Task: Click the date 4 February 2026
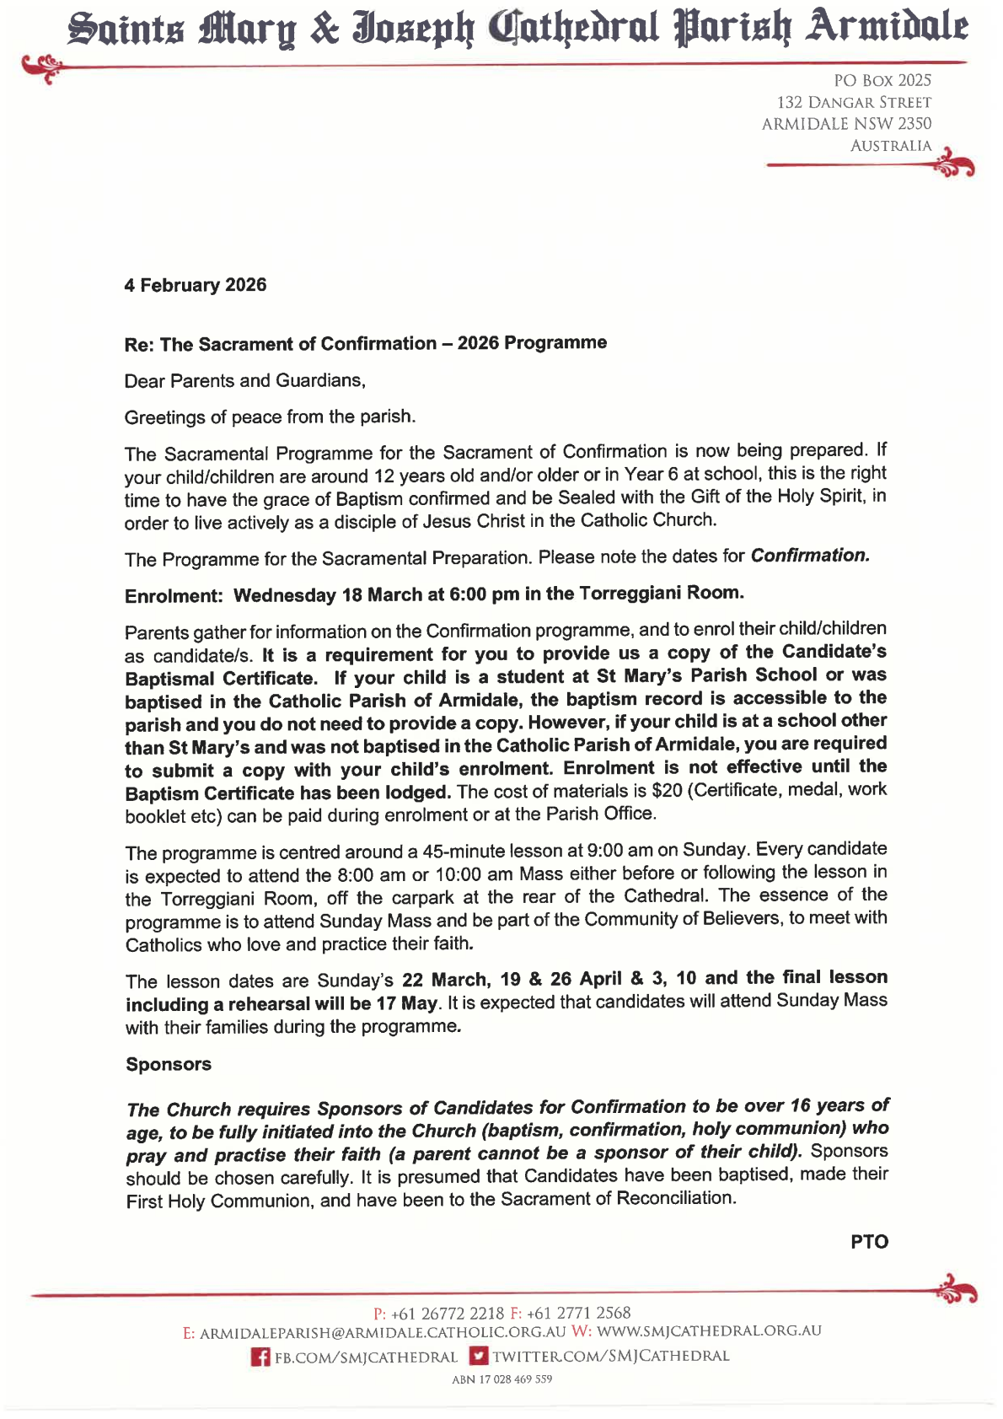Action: [x=195, y=285]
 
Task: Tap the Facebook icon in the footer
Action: [x=261, y=1357]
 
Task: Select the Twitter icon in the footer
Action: [x=479, y=1356]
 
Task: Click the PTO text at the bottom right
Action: [x=869, y=1242]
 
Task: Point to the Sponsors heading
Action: [x=169, y=1064]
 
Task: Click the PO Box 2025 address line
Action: [x=882, y=80]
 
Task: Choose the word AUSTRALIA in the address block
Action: [x=890, y=146]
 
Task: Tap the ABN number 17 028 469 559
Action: [x=501, y=1379]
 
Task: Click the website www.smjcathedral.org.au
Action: [x=708, y=1331]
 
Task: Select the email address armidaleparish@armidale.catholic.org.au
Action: [x=382, y=1333]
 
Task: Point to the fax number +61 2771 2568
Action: [x=578, y=1313]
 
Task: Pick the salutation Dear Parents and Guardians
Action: [x=244, y=380]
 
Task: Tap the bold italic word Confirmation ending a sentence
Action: [x=809, y=556]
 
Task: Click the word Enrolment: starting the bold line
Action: [x=174, y=596]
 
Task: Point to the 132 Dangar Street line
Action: [x=853, y=102]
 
